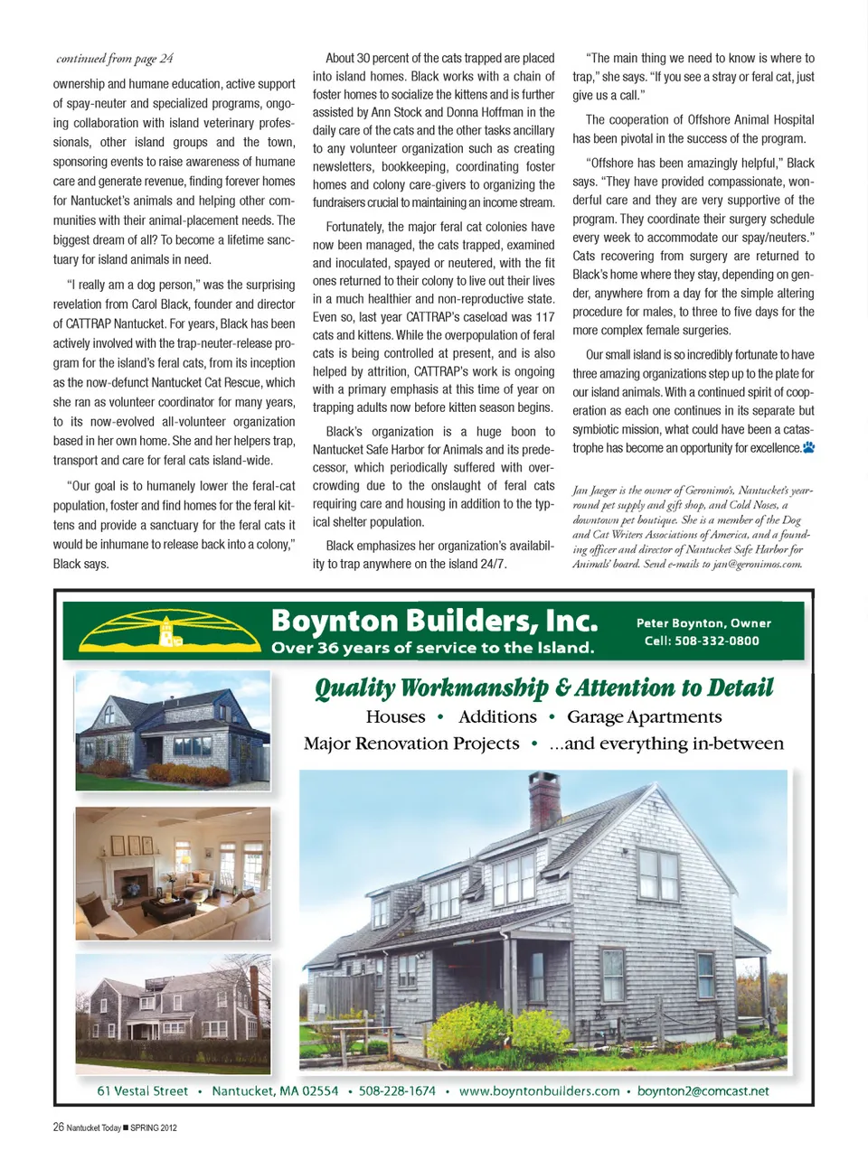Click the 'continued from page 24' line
[115, 59]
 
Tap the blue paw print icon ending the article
[808, 447]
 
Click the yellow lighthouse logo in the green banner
[166, 629]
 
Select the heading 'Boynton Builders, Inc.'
[434, 621]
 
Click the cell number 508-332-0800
[702, 641]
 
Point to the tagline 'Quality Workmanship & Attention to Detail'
[543, 688]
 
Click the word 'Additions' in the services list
[497, 717]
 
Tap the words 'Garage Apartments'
[644, 717]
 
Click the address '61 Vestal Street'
[143, 1090]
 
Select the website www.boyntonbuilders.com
[539, 1090]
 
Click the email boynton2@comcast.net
[703, 1090]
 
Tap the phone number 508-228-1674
[397, 1090]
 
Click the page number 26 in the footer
[58, 1127]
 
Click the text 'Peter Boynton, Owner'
[703, 622]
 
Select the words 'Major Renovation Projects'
[411, 744]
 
